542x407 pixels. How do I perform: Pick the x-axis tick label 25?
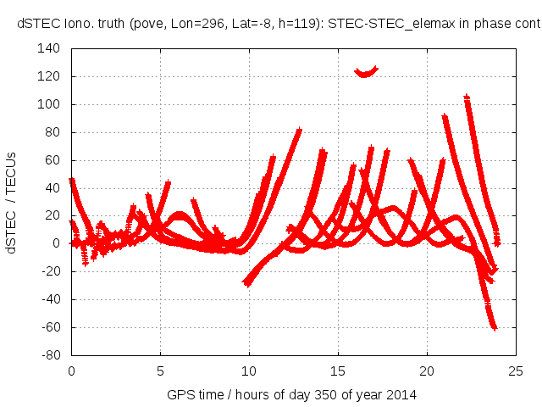pos(516,371)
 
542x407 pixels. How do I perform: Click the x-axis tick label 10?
pos(249,371)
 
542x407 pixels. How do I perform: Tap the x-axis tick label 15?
pos(338,371)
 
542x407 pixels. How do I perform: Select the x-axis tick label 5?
pos(160,371)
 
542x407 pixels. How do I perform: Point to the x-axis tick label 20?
pos(427,371)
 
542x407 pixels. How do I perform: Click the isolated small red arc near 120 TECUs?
pos(366,73)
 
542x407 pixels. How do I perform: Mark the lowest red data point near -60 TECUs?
pos(494,327)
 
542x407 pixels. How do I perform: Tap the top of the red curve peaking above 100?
pos(467,98)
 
